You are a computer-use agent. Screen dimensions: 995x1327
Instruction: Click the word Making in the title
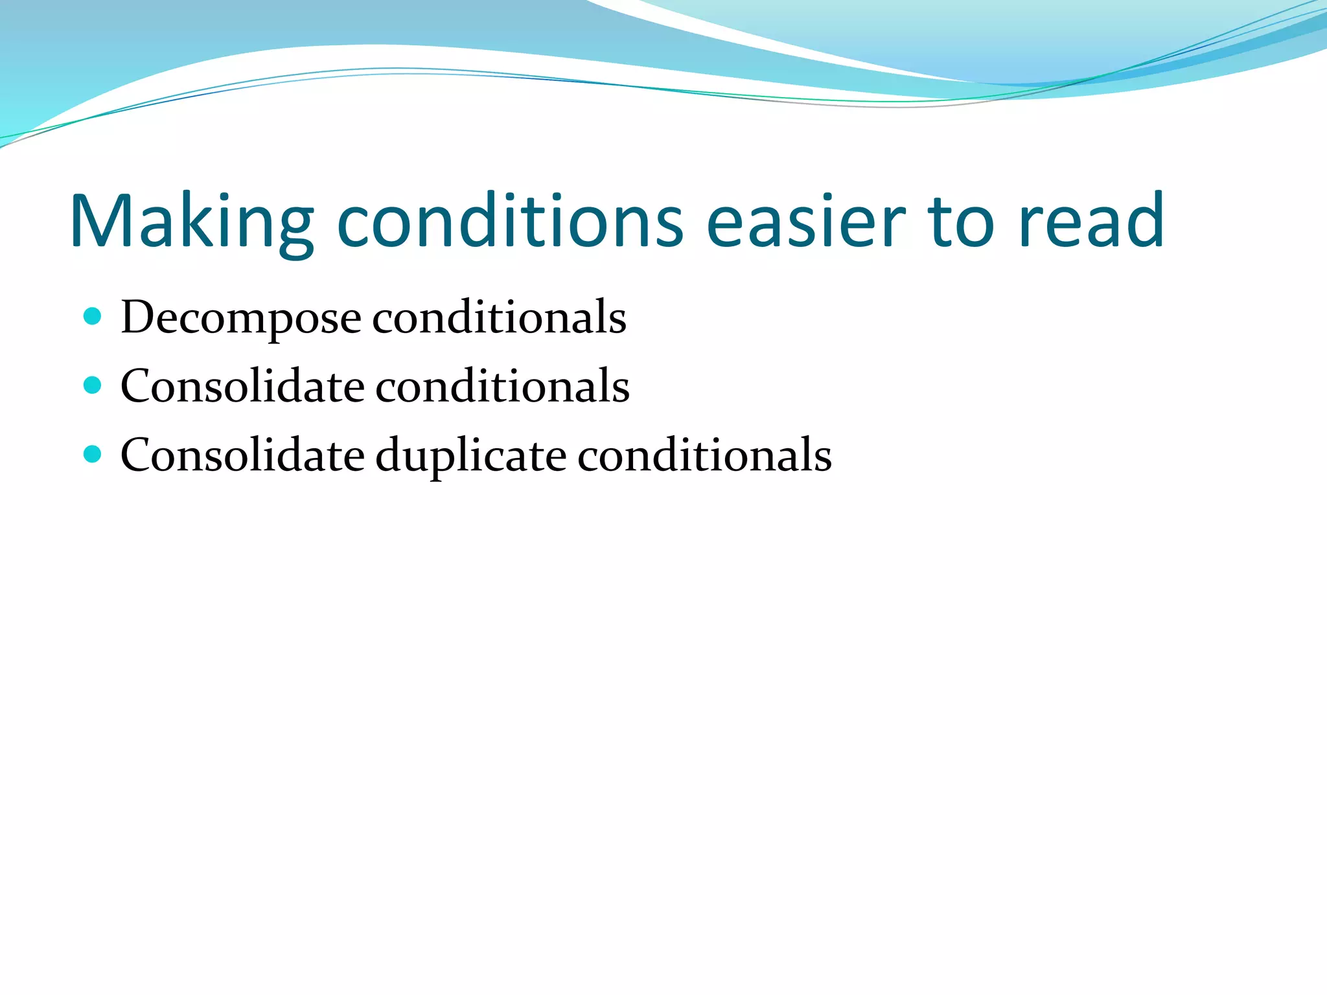pos(192,222)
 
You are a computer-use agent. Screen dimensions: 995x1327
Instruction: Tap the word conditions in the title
pos(510,222)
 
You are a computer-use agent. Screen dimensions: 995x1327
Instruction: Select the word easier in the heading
pos(805,222)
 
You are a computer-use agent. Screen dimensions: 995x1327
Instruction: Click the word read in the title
pos(1091,222)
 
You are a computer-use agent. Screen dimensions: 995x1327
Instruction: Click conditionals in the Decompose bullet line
pos(499,318)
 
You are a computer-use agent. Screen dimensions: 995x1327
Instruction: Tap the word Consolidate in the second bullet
pos(243,387)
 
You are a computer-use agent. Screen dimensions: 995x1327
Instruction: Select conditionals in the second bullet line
pos(502,387)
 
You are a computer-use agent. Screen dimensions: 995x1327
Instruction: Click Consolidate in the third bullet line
pos(243,455)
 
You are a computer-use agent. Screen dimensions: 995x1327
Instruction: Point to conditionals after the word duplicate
pos(704,455)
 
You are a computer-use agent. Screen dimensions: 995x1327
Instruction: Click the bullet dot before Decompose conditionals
pos(93,317)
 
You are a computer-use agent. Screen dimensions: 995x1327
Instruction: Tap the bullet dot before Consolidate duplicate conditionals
pos(93,454)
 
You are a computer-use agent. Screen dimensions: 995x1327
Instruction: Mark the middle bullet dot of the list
pos(93,385)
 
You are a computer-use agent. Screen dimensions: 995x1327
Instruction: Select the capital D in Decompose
pos(139,317)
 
